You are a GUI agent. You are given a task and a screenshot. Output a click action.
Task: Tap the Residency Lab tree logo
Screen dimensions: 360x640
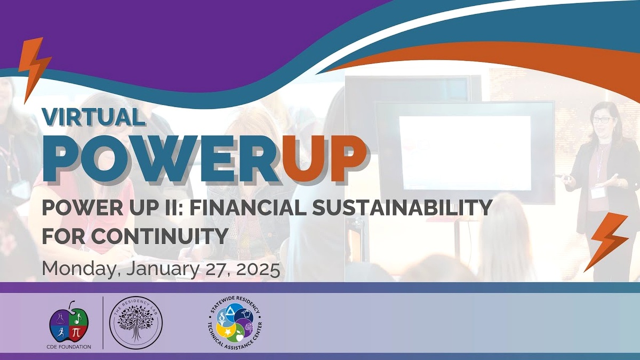[x=136, y=323]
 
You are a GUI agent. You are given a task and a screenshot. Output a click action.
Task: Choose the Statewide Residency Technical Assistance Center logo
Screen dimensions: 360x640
[x=235, y=323]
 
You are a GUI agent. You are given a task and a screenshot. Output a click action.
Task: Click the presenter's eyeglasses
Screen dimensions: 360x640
[x=601, y=121]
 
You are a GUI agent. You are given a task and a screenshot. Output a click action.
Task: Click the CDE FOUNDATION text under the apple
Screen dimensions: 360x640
[x=69, y=347]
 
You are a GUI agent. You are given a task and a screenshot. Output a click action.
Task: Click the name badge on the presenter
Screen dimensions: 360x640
[x=598, y=193]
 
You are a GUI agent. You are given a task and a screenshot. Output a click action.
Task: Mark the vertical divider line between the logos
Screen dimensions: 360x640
[x=103, y=323]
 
